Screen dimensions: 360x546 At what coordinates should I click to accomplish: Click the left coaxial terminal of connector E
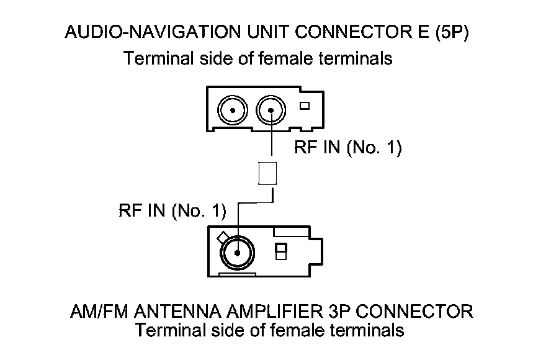(x=231, y=111)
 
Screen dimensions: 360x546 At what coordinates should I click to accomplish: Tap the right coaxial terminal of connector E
(x=271, y=111)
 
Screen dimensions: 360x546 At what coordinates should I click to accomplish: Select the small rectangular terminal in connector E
(x=304, y=106)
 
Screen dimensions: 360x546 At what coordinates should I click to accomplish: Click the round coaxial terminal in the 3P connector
(x=236, y=253)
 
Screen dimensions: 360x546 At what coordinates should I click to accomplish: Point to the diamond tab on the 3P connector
(x=221, y=237)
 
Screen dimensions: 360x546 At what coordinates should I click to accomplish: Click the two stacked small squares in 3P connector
(x=281, y=251)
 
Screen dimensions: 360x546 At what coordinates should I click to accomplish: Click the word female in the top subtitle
(x=289, y=59)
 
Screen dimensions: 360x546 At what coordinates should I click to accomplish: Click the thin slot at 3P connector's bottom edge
(x=236, y=273)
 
